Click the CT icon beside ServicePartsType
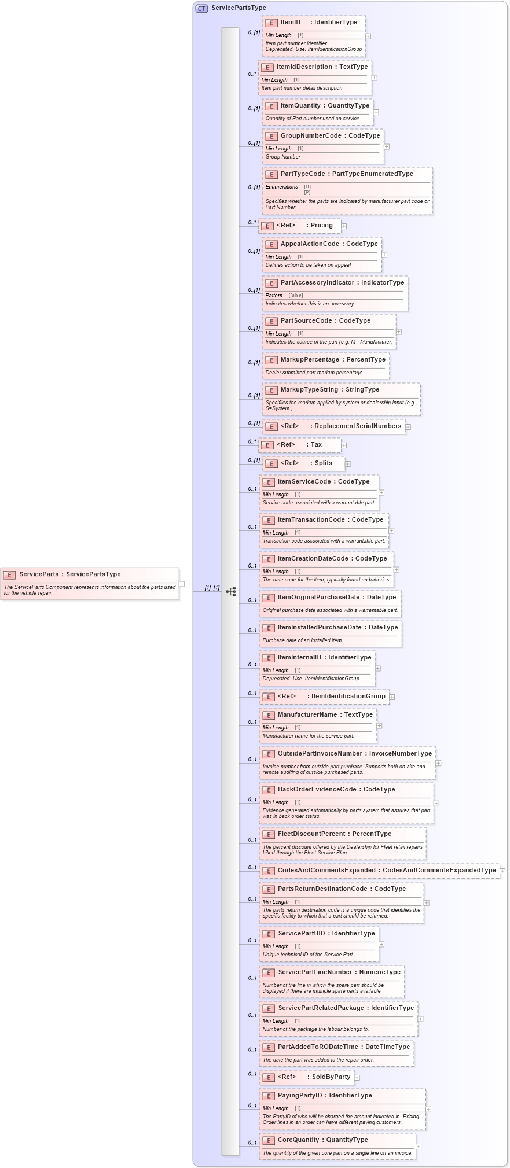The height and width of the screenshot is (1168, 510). (201, 8)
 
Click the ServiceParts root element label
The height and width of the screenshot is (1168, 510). (39, 574)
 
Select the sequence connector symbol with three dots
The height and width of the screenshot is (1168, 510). (231, 592)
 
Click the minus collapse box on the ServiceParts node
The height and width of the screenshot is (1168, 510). (182, 584)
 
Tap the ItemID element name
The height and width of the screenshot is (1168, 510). (291, 23)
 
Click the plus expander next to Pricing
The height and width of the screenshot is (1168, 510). (344, 226)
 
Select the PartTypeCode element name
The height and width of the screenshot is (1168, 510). (303, 174)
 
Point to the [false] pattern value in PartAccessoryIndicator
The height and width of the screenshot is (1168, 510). (296, 296)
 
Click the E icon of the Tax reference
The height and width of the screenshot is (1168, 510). (267, 445)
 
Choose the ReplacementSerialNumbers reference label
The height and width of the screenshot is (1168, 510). (358, 426)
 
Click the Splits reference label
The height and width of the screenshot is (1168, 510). (324, 463)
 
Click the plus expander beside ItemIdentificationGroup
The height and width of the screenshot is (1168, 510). (392, 697)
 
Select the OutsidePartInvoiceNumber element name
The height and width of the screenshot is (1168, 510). (320, 754)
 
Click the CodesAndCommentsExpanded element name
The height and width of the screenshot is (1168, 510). (326, 871)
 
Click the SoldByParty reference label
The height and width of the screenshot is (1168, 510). (331, 1077)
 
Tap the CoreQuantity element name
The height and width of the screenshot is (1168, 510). (298, 1140)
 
